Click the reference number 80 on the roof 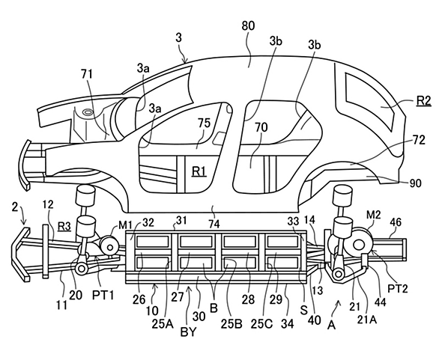(x=248, y=25)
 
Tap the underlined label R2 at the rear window (x=424, y=100)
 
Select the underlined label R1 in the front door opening (x=199, y=171)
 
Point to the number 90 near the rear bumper (x=416, y=183)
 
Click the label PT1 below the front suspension (x=103, y=295)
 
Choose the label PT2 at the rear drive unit (x=398, y=289)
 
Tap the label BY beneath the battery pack (x=189, y=332)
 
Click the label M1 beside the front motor (x=125, y=225)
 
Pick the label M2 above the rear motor (x=374, y=215)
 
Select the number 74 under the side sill (x=214, y=224)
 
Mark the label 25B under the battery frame (x=231, y=323)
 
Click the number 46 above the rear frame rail (x=395, y=222)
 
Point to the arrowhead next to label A (x=339, y=302)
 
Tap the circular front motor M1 (x=109, y=247)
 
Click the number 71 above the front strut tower (x=87, y=74)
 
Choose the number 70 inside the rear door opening (x=261, y=127)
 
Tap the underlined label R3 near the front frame (x=64, y=226)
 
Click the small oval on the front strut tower (x=88, y=112)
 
